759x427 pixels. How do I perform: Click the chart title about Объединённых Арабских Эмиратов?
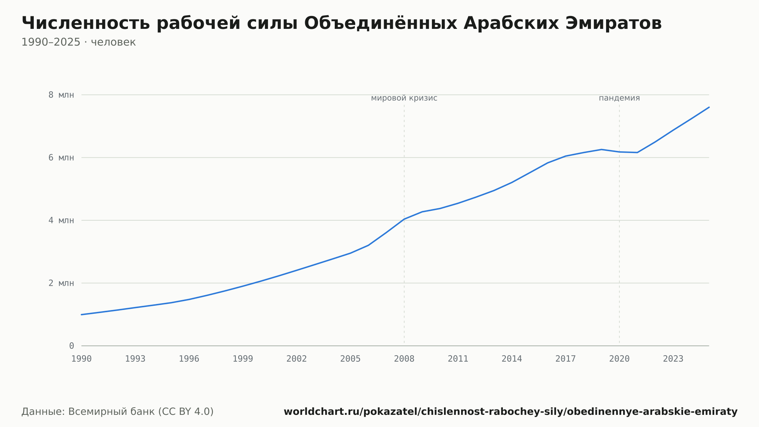(x=342, y=24)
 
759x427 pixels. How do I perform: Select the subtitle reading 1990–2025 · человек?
(x=79, y=42)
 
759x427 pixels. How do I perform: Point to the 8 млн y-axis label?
(x=61, y=95)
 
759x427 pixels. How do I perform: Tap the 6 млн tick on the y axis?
(x=61, y=158)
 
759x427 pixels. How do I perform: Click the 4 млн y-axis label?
(x=61, y=220)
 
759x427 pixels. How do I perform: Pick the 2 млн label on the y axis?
(x=61, y=283)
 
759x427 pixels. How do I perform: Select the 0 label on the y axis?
(x=71, y=346)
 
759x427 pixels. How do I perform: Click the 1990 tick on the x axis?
(x=82, y=359)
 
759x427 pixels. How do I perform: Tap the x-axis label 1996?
(x=189, y=359)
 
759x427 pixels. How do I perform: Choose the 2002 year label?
(x=297, y=359)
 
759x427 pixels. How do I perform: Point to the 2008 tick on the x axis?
(x=404, y=359)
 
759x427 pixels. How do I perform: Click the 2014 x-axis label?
(x=512, y=359)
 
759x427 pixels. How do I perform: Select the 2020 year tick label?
(x=619, y=359)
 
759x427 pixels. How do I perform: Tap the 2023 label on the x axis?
(x=673, y=359)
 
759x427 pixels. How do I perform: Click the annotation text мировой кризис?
(x=404, y=98)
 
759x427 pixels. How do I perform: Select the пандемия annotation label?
(x=619, y=98)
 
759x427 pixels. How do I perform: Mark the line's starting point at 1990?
(x=82, y=315)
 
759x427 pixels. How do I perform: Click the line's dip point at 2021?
(x=637, y=152)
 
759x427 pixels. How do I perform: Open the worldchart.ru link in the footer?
(x=510, y=412)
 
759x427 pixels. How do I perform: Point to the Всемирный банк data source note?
(x=118, y=412)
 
